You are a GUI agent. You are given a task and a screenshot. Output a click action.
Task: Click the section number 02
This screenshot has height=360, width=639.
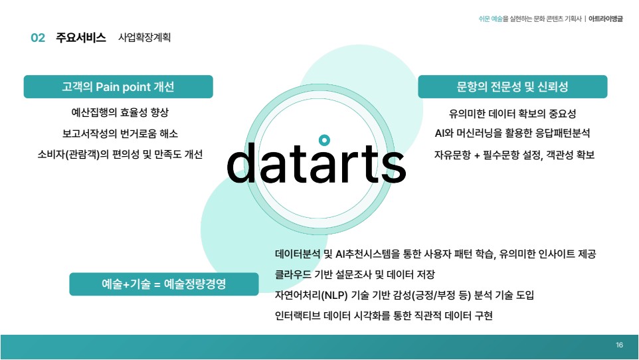coord(38,38)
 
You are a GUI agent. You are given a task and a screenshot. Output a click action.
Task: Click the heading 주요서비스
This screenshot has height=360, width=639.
coord(80,37)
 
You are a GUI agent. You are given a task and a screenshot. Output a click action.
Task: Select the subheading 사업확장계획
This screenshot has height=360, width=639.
coord(144,37)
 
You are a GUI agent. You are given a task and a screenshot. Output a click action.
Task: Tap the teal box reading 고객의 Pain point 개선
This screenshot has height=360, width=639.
coord(118,86)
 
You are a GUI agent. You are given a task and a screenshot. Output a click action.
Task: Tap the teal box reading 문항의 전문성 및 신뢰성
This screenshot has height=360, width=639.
coord(513,86)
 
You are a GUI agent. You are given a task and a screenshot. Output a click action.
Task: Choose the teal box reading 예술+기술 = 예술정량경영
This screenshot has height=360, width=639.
coord(164,284)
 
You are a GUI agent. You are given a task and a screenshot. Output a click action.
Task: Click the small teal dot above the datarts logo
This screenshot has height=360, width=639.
coord(324,140)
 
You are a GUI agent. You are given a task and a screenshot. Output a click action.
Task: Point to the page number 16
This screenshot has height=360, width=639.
coord(620,345)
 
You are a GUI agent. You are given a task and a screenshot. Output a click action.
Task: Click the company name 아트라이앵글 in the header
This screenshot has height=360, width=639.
coord(606,19)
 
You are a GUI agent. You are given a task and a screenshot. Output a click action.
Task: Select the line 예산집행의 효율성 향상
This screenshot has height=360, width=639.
coord(120,112)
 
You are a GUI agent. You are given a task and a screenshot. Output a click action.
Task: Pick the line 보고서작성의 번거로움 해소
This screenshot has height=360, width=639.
coord(120,134)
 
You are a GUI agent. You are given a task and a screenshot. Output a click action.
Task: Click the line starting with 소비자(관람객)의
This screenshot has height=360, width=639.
coord(120,155)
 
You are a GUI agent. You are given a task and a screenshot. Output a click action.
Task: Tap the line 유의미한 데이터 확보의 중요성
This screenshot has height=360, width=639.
coord(513,114)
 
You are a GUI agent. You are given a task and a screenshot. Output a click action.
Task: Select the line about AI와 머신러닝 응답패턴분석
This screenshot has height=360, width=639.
coord(513,134)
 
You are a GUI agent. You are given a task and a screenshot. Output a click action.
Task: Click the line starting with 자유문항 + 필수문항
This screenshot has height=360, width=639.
coord(514,155)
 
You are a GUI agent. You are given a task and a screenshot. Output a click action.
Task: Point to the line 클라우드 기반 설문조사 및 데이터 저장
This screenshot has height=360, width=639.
coord(355,274)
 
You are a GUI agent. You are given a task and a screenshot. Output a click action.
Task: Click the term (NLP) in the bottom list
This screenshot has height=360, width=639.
coord(334,295)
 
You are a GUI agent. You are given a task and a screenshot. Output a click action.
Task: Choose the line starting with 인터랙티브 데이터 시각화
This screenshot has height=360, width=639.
coord(384,315)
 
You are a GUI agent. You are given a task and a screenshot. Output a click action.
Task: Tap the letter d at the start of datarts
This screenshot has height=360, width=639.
coord(241,162)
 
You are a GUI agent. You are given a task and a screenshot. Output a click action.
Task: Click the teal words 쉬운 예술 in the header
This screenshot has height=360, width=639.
coord(491,19)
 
